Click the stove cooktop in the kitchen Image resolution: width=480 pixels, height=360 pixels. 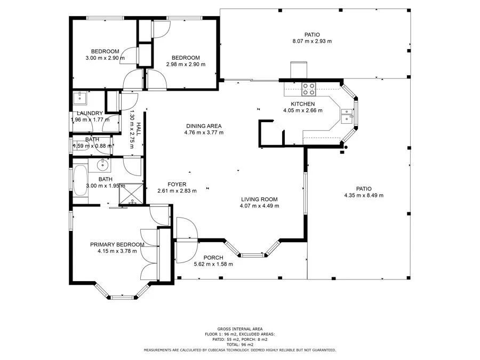tap(308, 89)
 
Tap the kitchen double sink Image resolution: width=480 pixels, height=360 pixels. tap(347, 116)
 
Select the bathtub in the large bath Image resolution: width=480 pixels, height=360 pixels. tap(80, 181)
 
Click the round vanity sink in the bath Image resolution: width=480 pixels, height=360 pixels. tap(102, 165)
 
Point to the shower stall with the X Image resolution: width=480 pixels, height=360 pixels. tap(131, 194)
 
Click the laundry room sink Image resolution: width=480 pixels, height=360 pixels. tap(79, 98)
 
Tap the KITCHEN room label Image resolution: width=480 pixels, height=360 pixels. tap(303, 104)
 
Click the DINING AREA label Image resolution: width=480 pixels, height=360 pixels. tap(204, 126)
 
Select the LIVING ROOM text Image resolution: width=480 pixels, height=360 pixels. tap(259, 199)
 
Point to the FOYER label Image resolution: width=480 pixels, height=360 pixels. tap(177, 185)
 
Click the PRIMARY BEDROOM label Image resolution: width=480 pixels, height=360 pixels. tap(117, 245)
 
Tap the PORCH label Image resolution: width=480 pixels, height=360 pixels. tap(213, 258)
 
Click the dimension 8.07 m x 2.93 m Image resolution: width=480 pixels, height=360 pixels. tap(312, 41)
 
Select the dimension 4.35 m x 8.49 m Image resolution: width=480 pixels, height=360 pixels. tap(364, 195)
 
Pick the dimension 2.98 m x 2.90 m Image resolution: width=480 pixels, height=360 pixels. tap(186, 65)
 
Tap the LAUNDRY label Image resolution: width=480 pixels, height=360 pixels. tap(90, 113)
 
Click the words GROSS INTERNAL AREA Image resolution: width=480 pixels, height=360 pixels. tap(240, 329)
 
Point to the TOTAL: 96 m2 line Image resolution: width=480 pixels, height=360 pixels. tap(240, 345)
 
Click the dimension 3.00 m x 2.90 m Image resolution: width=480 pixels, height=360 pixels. tap(105, 58)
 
